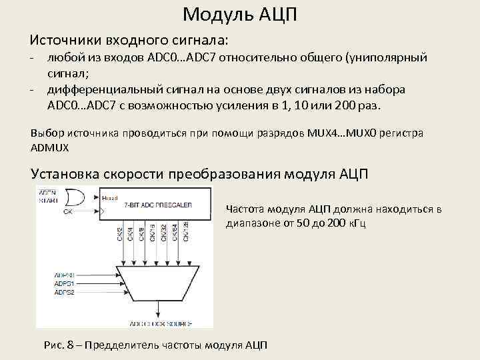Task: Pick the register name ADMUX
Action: click(49, 146)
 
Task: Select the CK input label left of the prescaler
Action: click(68, 212)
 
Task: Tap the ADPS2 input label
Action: click(65, 291)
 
